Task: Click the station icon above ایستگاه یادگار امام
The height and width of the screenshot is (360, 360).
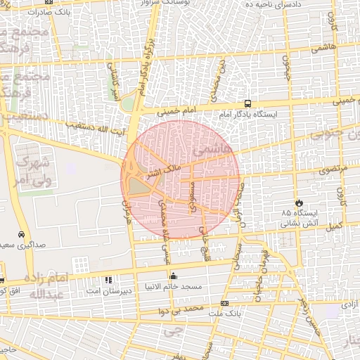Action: click(x=247, y=103)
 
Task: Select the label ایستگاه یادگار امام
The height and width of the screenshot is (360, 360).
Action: click(x=247, y=114)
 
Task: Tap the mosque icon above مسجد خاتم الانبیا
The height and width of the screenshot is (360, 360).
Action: click(x=174, y=276)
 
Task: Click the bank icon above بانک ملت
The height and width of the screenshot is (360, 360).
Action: click(x=224, y=304)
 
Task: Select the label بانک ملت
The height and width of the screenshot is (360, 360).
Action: click(x=224, y=314)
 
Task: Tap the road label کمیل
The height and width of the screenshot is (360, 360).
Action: click(x=334, y=226)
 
